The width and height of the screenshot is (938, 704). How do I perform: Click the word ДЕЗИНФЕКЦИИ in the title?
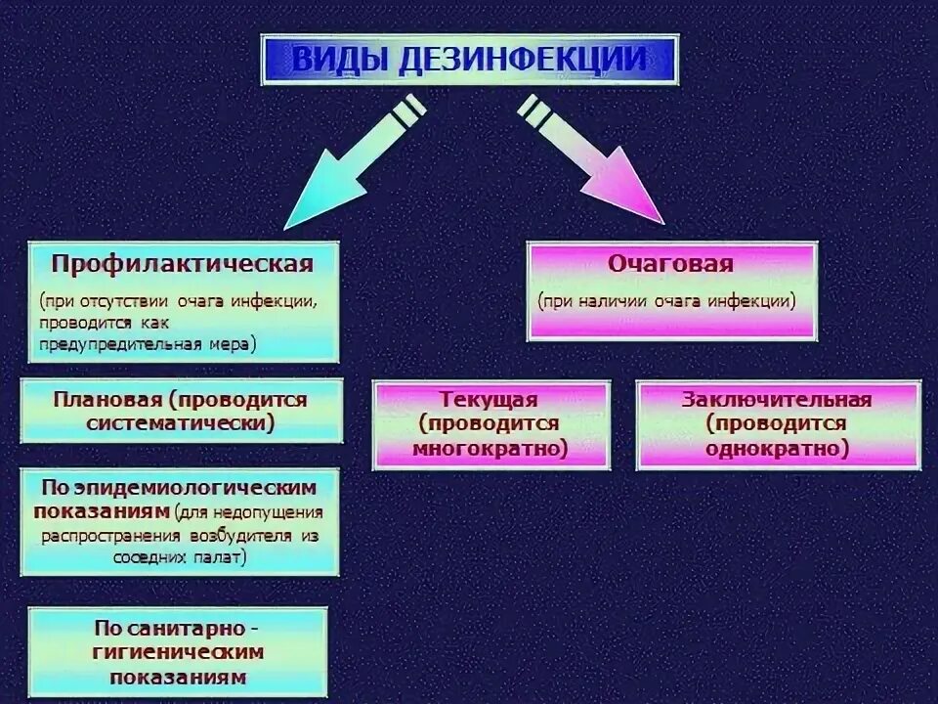(523, 59)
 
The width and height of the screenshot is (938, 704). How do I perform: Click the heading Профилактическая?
(182, 264)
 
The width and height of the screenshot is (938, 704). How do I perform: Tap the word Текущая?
(489, 400)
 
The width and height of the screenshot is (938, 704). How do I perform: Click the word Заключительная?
(777, 400)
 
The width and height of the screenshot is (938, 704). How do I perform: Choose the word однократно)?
(777, 449)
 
